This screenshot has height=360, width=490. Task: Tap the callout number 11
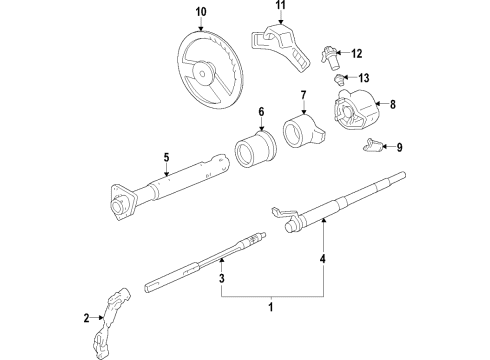(x=281, y=6)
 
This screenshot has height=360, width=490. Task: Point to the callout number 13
(x=364, y=78)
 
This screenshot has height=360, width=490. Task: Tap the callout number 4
(x=323, y=262)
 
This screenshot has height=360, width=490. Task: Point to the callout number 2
(x=87, y=319)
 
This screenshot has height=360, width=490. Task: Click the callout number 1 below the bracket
(x=270, y=308)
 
